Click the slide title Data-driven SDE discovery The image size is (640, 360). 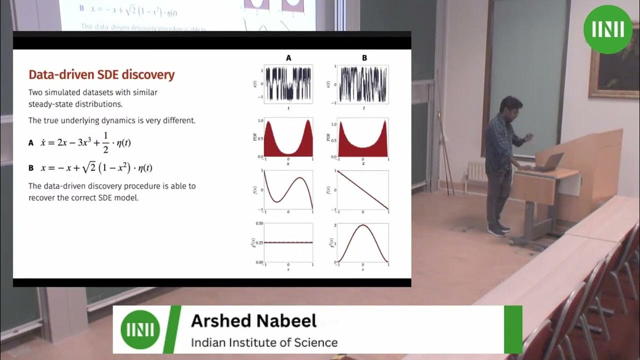pyautogui.click(x=101, y=75)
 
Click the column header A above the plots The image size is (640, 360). pyautogui.click(x=288, y=58)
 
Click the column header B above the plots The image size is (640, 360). pyautogui.click(x=364, y=58)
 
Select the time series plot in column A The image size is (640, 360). pyautogui.click(x=288, y=84)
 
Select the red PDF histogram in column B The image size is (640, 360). pyautogui.click(x=363, y=142)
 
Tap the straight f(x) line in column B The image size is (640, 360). pyautogui.click(x=363, y=190)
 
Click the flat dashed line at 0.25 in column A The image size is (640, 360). pyautogui.click(x=288, y=242)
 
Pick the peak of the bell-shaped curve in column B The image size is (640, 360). pyautogui.click(x=363, y=225)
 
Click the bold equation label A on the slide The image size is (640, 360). pyautogui.click(x=31, y=143)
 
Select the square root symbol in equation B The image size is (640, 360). pyautogui.click(x=88, y=167)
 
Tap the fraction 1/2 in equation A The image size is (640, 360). pyautogui.click(x=106, y=142)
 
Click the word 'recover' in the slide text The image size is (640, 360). pyautogui.click(x=42, y=197)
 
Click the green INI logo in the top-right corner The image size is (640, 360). pyautogui.click(x=607, y=29)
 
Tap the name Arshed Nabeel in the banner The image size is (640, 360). pyautogui.click(x=253, y=320)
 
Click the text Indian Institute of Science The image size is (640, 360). pyautogui.click(x=264, y=342)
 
